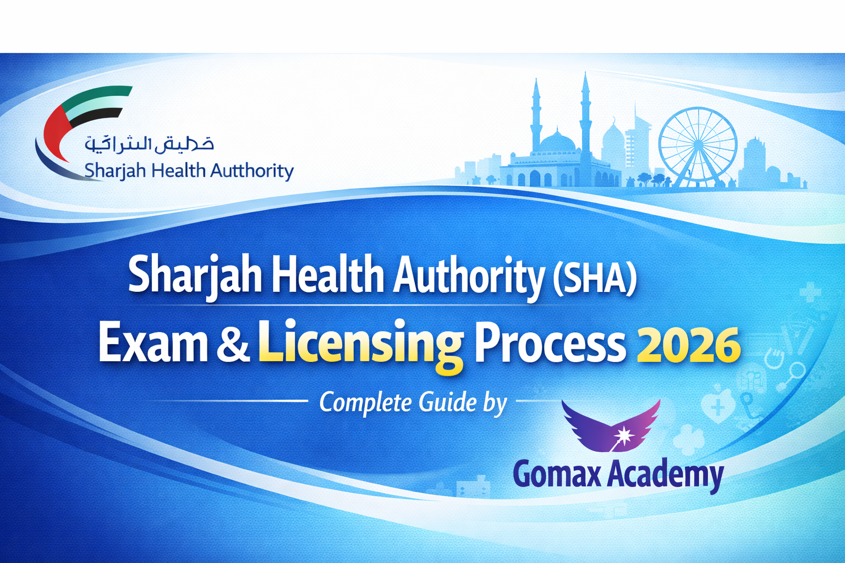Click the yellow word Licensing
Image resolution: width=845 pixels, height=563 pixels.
point(360,344)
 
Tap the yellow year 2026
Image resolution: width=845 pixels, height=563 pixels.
point(688,345)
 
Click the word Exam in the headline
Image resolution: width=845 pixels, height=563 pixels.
point(153,344)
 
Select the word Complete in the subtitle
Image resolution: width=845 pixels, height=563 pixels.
point(365,403)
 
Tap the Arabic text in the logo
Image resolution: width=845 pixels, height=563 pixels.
point(149,144)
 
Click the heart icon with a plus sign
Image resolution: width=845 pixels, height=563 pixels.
point(717,406)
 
